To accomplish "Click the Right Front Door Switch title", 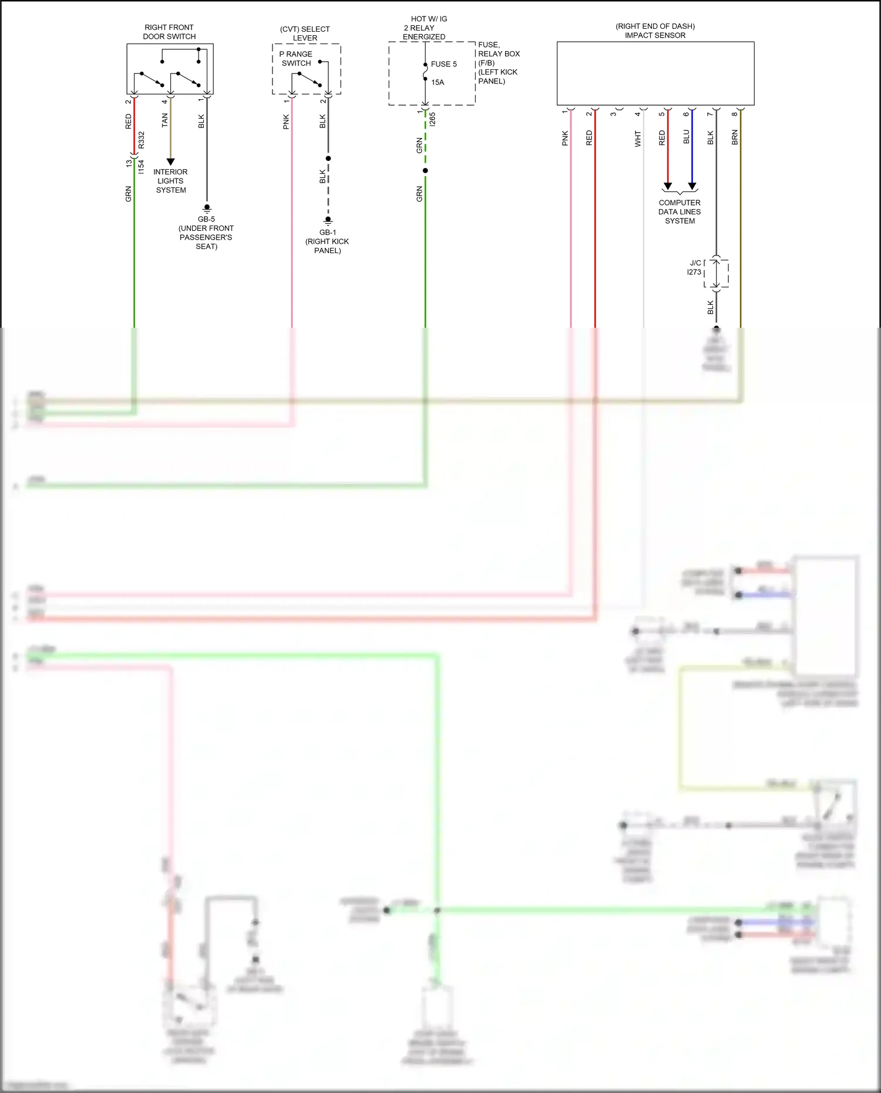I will point(169,32).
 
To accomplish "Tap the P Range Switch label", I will point(296,59).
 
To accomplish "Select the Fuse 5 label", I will point(443,64).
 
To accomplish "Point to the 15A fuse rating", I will point(438,82).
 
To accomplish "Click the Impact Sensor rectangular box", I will point(655,73).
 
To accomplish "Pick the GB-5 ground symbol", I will point(207,208).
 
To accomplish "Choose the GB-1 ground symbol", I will point(328,221).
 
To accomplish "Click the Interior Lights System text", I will point(170,181).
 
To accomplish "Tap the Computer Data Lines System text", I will point(680,211).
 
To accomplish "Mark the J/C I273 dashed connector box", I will point(717,273).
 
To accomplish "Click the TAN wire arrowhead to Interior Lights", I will point(170,162).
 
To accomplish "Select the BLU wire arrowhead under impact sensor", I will point(692,186).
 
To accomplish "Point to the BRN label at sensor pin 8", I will point(735,138).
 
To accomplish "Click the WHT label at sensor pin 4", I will point(638,139).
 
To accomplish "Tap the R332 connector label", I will point(142,140).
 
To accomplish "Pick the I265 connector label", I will point(433,119).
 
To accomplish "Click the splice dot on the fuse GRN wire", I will point(425,171).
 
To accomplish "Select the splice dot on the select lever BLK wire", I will point(328,159).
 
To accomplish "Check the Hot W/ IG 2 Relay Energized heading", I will point(425,28).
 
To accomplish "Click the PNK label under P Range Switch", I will point(286,122).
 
